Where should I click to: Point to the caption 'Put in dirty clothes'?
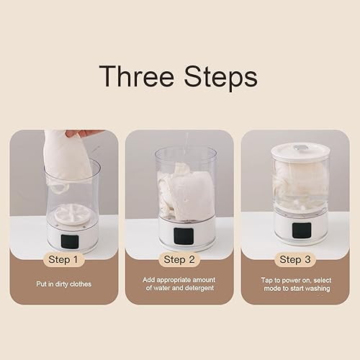tap(63, 284)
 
